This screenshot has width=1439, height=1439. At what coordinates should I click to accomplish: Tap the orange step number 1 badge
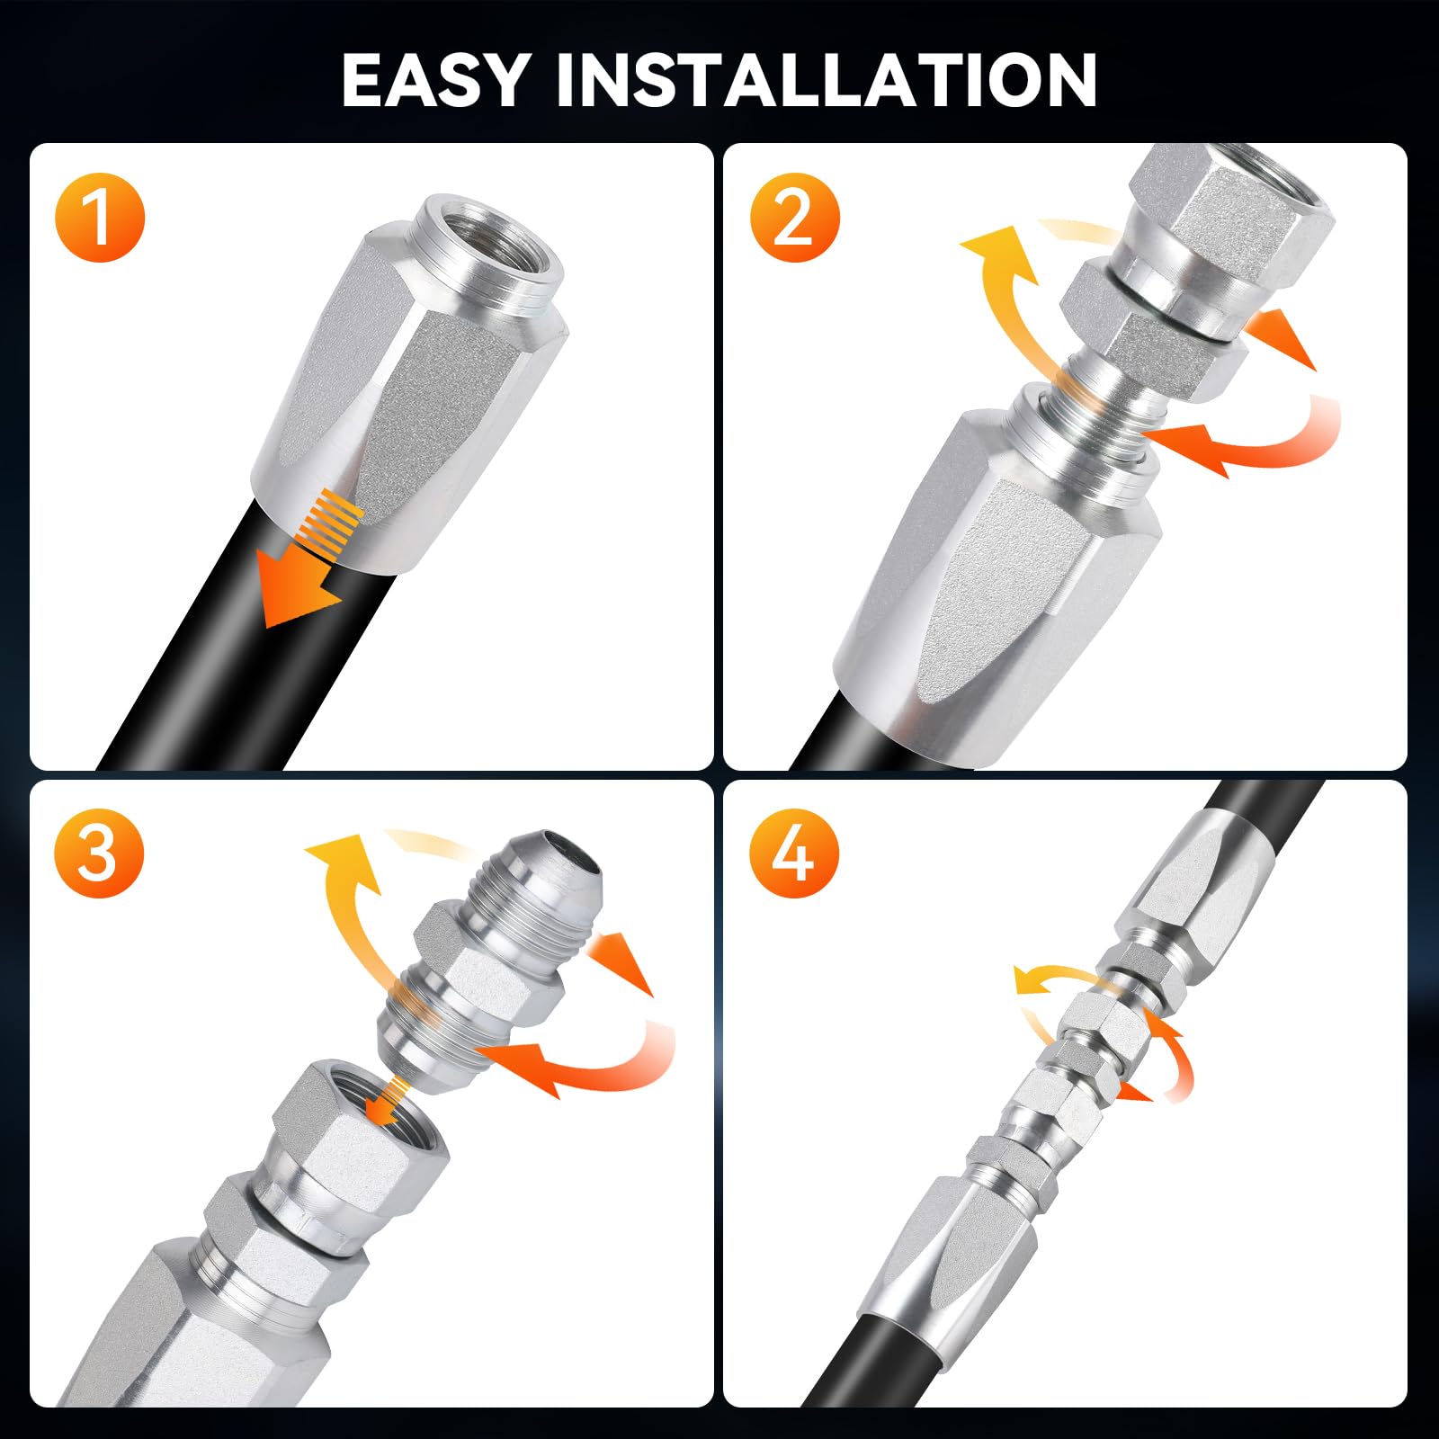(x=100, y=218)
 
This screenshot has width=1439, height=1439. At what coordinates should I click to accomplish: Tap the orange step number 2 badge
(x=793, y=219)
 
